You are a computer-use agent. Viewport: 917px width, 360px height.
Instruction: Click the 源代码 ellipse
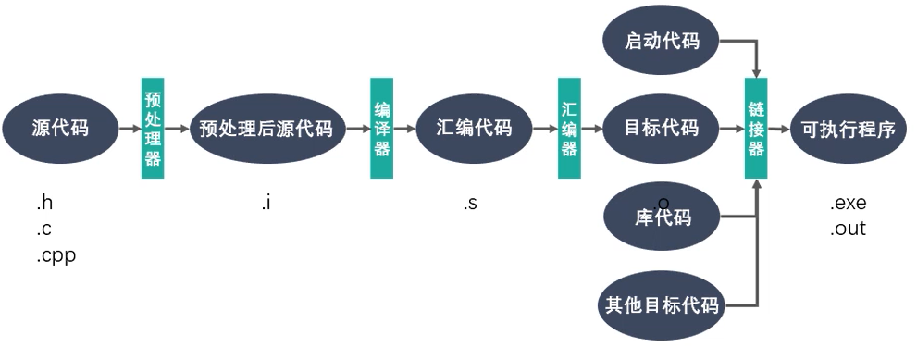pos(60,128)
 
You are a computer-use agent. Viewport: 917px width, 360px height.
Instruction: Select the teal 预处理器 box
pos(153,129)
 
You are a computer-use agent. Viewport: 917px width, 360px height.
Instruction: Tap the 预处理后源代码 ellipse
pos(266,128)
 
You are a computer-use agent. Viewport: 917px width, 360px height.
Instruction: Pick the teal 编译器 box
pos(381,129)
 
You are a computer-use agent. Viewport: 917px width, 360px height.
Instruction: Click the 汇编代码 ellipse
pos(474,128)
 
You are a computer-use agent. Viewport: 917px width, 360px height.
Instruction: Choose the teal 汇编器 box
pos(569,129)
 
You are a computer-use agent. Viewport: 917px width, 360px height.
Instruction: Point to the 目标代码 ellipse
pos(663,128)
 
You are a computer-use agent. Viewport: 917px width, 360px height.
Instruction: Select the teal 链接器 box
pos(756,129)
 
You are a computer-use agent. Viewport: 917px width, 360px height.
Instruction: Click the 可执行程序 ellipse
pos(848,128)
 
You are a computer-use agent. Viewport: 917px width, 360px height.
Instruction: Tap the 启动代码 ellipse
pos(662,41)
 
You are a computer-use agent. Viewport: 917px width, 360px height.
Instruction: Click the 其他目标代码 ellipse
pos(662,304)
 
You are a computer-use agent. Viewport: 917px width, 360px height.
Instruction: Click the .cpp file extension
pos(56,256)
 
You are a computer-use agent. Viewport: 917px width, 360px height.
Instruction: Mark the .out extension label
pos(848,229)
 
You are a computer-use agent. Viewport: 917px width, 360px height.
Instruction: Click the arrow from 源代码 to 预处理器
pos(130,129)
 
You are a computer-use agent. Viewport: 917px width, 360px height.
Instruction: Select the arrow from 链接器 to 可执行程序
pos(778,129)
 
